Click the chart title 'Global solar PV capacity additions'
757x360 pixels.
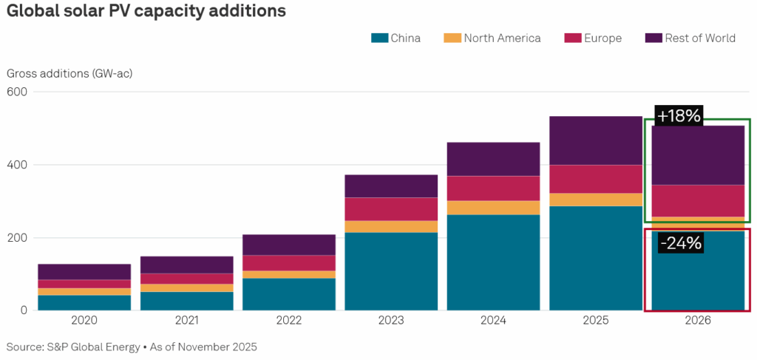pyautogui.click(x=146, y=12)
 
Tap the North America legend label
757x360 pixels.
pyautogui.click(x=502, y=38)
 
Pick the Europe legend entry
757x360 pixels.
pyautogui.click(x=603, y=38)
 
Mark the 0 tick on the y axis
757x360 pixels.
pyautogui.click(x=23, y=310)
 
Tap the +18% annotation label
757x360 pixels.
pyautogui.click(x=678, y=115)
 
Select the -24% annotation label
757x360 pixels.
pyautogui.click(x=678, y=242)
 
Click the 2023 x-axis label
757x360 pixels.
pyautogui.click(x=391, y=321)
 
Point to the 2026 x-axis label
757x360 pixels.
pyautogui.click(x=698, y=321)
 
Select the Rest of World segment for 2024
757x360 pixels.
pyautogui.click(x=494, y=159)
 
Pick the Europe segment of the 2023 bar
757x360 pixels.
pyautogui.click(x=391, y=209)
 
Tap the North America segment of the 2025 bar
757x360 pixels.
pyautogui.click(x=596, y=200)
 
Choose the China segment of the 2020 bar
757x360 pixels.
pyautogui.click(x=84, y=303)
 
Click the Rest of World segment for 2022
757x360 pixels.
pyautogui.click(x=289, y=245)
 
